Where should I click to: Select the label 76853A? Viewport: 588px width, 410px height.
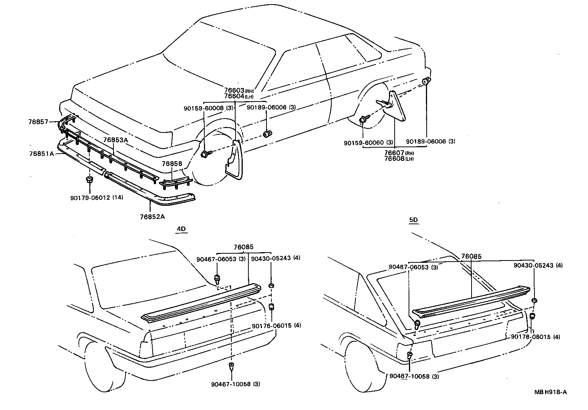click(x=116, y=140)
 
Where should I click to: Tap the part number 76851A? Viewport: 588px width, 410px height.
click(x=41, y=154)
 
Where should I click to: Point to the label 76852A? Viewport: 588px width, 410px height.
click(x=152, y=216)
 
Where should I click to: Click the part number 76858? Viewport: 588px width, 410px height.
click(x=172, y=164)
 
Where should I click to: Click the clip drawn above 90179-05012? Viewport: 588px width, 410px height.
click(x=89, y=179)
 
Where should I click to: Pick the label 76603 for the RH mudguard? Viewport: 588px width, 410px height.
click(x=234, y=91)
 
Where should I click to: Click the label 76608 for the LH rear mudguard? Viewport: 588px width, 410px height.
click(x=394, y=159)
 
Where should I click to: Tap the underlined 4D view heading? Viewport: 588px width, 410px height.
click(x=182, y=229)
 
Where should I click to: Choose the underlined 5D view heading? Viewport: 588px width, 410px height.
click(x=413, y=220)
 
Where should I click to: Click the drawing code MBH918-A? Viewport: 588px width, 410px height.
click(x=550, y=392)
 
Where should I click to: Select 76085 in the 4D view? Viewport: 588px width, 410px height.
click(x=243, y=247)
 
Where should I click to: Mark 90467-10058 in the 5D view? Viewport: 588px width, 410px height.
click(x=409, y=376)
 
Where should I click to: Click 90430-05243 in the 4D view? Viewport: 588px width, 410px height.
click(x=270, y=259)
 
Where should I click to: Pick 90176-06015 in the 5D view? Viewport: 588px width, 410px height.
click(x=530, y=337)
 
